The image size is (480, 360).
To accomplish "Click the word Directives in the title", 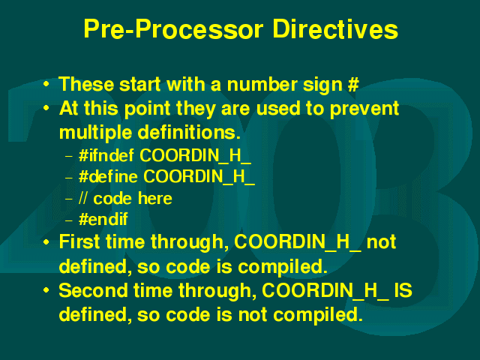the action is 335,29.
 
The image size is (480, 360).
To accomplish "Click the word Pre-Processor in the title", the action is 173,30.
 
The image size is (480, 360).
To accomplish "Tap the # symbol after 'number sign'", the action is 353,84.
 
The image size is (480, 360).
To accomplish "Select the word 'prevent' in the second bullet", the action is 364,109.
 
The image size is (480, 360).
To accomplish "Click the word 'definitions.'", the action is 189,132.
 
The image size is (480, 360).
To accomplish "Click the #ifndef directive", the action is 106,155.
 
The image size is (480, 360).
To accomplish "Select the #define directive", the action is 108,176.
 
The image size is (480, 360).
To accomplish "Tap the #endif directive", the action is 103,219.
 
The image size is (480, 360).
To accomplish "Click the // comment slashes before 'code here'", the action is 83,198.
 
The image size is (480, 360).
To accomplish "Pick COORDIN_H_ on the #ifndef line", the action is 195,156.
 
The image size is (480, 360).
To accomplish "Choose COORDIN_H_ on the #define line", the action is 199,177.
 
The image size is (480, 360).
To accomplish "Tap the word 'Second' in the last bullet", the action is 93,290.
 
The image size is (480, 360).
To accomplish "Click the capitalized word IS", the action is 403,290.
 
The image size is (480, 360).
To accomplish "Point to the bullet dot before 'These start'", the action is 46,84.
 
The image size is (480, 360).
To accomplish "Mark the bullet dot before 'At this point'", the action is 46,108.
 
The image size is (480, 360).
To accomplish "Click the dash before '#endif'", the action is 69,220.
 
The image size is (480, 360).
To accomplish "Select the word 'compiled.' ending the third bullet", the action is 283,267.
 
